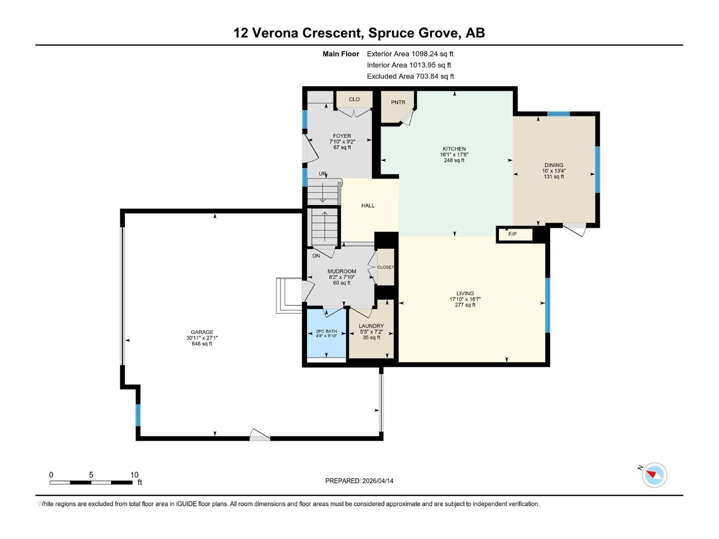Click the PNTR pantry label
tap(398, 102)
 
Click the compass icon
tap(654, 475)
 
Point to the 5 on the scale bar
tap(91, 475)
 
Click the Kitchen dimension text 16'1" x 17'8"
tap(454, 155)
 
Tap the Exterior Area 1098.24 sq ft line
tap(410, 54)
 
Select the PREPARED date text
tap(359, 481)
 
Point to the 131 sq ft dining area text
tap(554, 177)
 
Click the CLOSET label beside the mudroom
tap(386, 267)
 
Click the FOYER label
tap(342, 136)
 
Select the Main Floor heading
tap(341, 54)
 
